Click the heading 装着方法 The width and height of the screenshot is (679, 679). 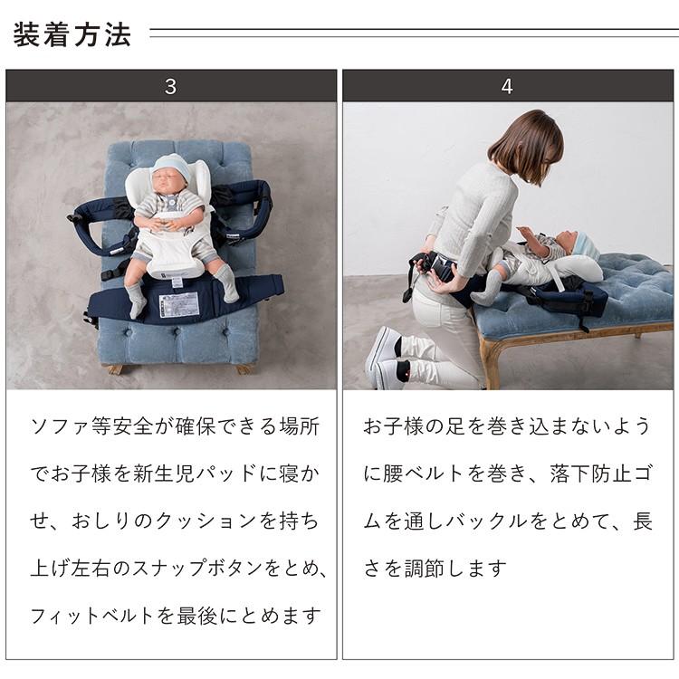click(72, 35)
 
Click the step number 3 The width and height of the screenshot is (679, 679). click(171, 87)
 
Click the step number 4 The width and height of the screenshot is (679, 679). click(507, 87)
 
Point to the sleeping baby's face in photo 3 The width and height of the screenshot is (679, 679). click(170, 181)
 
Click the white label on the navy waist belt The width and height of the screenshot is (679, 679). click(179, 304)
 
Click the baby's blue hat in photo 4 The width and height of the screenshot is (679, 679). click(584, 243)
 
